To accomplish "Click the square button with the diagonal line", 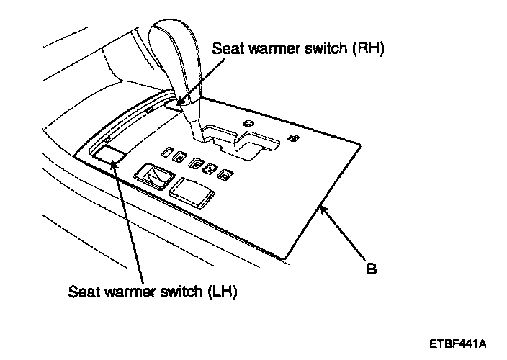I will coord(153,175).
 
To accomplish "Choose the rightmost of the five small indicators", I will coord(225,175).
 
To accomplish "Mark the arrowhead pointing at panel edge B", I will coord(324,210).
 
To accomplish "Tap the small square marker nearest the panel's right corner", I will coord(292,138).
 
